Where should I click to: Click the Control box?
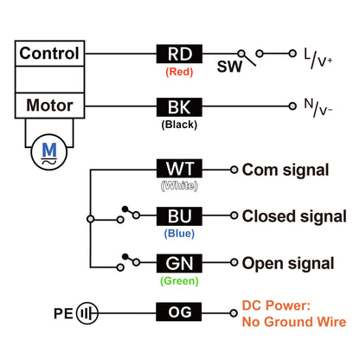(49, 54)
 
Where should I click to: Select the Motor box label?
(49, 106)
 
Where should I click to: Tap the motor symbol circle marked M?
(49, 152)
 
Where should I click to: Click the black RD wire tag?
(179, 54)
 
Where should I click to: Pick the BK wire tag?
(179, 107)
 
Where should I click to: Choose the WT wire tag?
(179, 169)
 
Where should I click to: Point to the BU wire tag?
(179, 216)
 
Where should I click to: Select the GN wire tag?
(179, 263)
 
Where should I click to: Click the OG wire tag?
(179, 312)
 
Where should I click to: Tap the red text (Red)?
(179, 72)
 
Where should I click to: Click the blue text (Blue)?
(179, 234)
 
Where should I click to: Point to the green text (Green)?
(179, 280)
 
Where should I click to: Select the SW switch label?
(229, 67)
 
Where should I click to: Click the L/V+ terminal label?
(318, 59)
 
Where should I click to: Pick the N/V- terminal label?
(318, 107)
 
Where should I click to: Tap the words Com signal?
(286, 170)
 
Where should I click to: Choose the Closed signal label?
(294, 216)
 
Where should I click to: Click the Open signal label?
(288, 264)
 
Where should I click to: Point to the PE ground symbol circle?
(87, 313)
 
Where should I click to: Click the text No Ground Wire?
(294, 322)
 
